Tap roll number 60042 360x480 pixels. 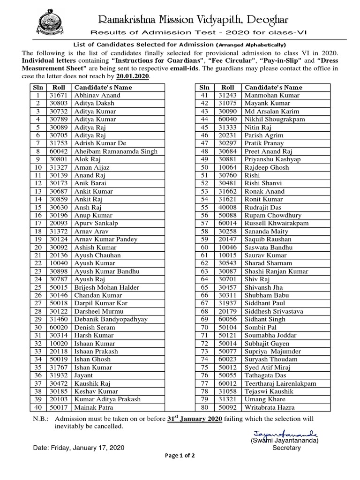tap(59, 151)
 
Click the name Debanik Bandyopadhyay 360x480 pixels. tap(111, 319)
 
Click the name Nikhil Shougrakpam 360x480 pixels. tap(275, 119)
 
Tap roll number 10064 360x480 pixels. tap(227, 167)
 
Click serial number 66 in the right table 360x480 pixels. tap(204, 295)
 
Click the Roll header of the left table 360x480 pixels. tap(59, 87)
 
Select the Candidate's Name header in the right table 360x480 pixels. tap(273, 87)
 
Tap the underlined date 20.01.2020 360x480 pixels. tap(133, 76)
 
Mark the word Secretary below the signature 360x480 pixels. tap(286, 448)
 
